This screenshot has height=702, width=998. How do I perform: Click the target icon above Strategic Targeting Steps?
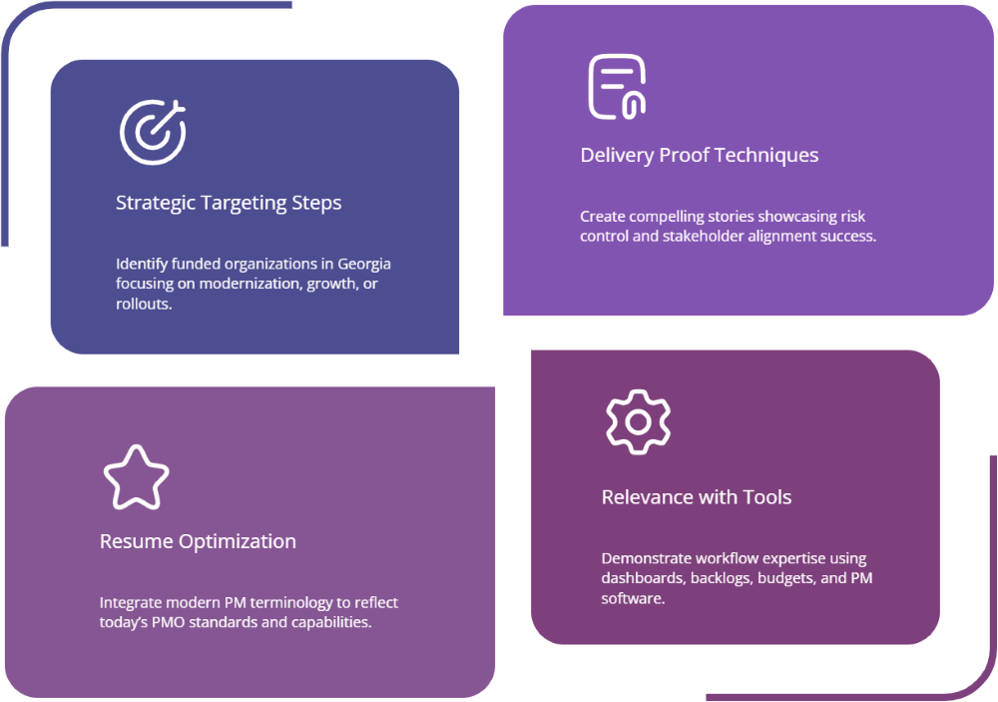tap(153, 132)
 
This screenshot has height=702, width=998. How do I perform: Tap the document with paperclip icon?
tap(616, 87)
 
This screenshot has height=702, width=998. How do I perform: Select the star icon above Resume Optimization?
tap(136, 477)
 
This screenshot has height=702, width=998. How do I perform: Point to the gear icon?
tap(638, 421)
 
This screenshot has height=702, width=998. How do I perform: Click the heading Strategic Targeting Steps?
tap(229, 203)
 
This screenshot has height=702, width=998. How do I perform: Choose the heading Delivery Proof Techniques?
tap(699, 155)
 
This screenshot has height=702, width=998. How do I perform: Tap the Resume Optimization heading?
tap(198, 541)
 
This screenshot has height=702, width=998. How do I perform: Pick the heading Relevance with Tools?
tap(696, 497)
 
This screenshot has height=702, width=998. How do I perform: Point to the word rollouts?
tap(144, 304)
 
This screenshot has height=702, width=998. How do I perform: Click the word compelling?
tap(672, 216)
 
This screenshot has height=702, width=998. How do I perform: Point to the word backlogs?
tap(717, 578)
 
